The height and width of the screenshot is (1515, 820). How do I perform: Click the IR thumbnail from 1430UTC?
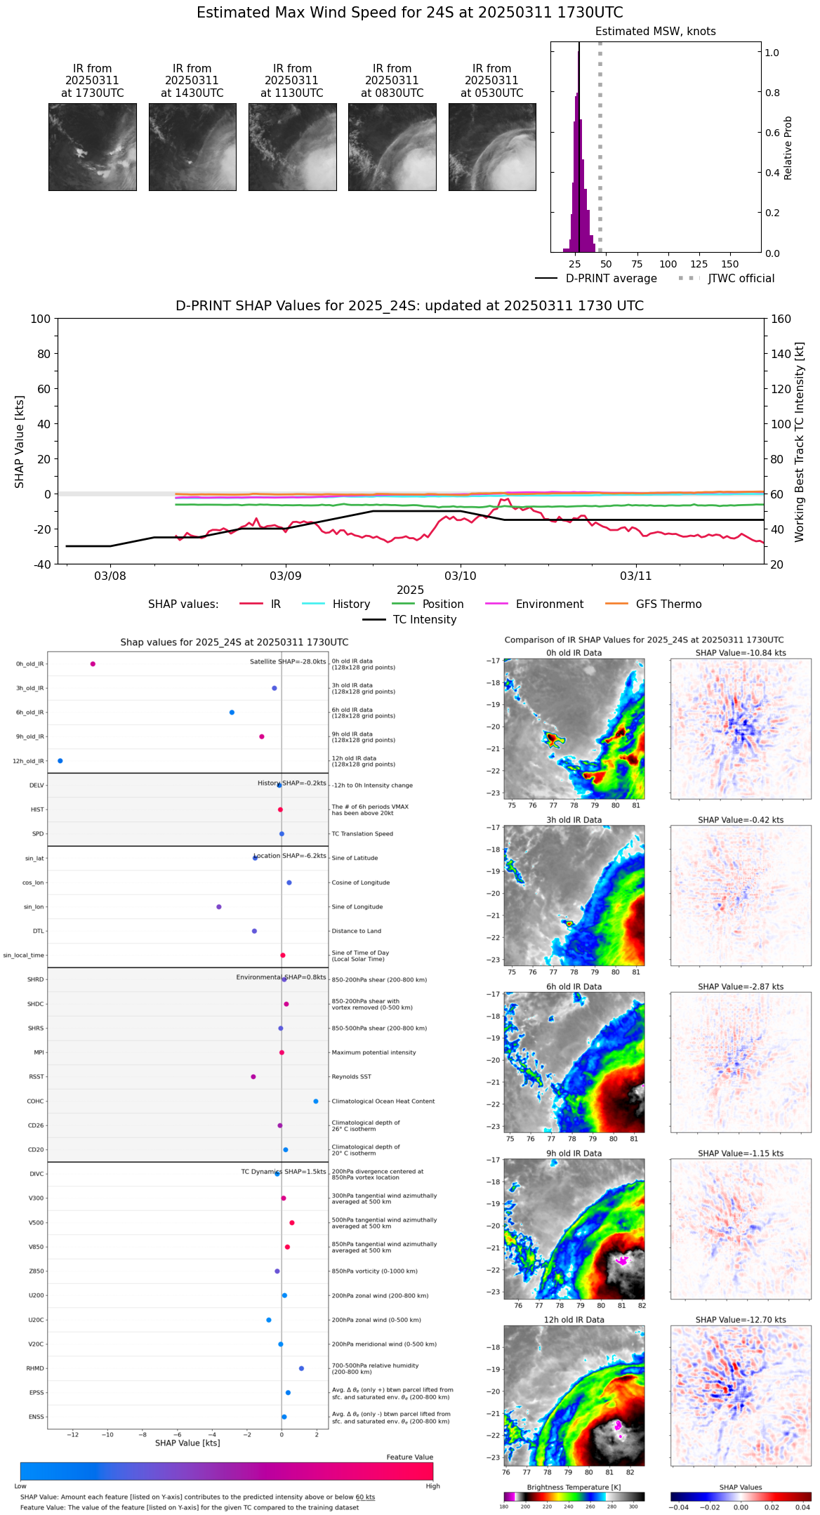pyautogui.click(x=192, y=147)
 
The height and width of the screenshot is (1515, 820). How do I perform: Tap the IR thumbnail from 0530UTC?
pyautogui.click(x=492, y=147)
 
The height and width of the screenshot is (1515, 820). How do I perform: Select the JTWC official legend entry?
pyautogui.click(x=741, y=279)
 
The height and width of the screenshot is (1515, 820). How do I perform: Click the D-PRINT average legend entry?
pyautogui.click(x=611, y=279)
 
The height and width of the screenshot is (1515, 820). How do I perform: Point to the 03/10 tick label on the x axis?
pyautogui.click(x=461, y=576)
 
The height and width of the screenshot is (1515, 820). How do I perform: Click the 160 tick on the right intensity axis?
pyautogui.click(x=781, y=319)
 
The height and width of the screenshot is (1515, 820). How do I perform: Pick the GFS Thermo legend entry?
pyautogui.click(x=668, y=604)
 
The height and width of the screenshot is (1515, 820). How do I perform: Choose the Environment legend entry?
pyautogui.click(x=549, y=604)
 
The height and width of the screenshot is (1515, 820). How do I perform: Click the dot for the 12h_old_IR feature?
pyautogui.click(x=60, y=761)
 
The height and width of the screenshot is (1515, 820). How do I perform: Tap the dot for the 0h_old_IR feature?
pyautogui.click(x=93, y=664)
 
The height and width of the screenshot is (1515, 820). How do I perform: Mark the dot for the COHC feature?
pyautogui.click(x=316, y=1101)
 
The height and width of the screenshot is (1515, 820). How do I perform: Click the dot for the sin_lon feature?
pyautogui.click(x=219, y=907)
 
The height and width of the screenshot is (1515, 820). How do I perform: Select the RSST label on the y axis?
pyautogui.click(x=37, y=1077)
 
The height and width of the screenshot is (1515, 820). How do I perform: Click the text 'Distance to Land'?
pyautogui.click(x=356, y=932)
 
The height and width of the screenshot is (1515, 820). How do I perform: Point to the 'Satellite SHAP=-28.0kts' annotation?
pyautogui.click(x=288, y=662)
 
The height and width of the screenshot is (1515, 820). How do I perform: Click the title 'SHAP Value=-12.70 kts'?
pyautogui.click(x=741, y=1321)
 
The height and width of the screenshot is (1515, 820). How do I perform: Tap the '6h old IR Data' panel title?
pyautogui.click(x=574, y=987)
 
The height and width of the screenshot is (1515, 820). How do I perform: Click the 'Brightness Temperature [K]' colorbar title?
pyautogui.click(x=574, y=1488)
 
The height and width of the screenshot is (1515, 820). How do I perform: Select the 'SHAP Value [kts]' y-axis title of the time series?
pyautogui.click(x=20, y=442)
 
